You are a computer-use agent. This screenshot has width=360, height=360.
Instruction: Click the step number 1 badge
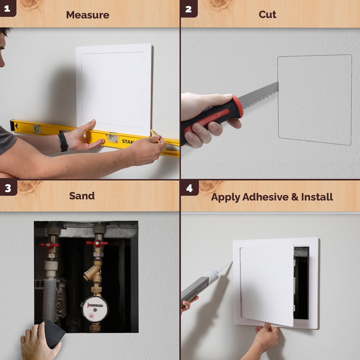tap(7, 8)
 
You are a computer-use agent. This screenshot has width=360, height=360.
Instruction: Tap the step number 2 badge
tap(188, 8)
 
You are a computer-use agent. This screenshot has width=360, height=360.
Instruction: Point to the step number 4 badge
tap(189, 188)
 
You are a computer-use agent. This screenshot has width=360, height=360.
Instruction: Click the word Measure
tap(87, 15)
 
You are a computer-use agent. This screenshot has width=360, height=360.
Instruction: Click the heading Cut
tap(267, 14)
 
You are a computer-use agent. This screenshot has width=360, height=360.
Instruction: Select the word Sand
tap(82, 196)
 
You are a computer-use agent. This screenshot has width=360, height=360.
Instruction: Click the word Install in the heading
tap(317, 197)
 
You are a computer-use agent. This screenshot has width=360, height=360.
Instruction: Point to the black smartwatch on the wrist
tap(63, 142)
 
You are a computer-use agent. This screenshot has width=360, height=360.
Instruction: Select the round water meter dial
tap(94, 309)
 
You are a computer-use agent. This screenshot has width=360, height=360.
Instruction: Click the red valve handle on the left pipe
tap(49, 245)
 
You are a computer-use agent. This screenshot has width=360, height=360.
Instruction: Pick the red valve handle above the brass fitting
tap(97, 243)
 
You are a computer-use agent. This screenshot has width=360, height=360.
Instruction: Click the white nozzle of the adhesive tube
tap(224, 269)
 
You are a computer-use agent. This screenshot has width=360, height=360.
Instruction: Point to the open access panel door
tap(266, 284)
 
